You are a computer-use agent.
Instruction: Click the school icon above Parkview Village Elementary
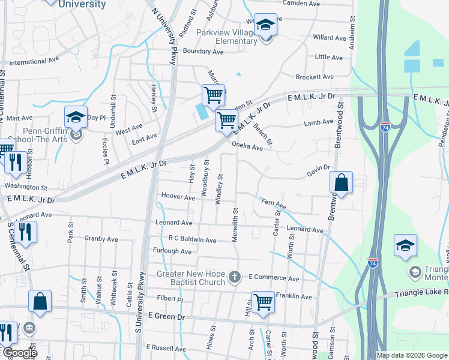[265, 25]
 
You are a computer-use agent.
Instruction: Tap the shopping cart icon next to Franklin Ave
[264, 303]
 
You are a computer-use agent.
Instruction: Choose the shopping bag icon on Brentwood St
[340, 184]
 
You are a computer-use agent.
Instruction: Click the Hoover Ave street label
[178, 197]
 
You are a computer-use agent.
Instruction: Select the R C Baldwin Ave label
[192, 240]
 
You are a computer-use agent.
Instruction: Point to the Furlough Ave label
[172, 251]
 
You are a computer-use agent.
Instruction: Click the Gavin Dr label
[319, 171]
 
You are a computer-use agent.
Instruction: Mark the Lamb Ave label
[318, 122]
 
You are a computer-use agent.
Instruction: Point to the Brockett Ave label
[314, 77]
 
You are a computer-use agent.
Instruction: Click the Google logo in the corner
[20, 353]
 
